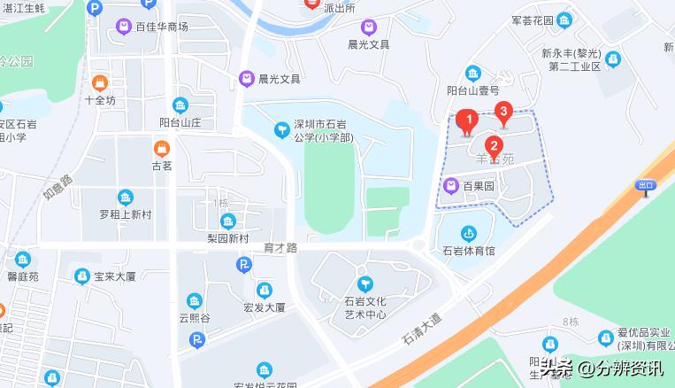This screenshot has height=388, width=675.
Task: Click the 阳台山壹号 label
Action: pyautogui.click(x=473, y=89)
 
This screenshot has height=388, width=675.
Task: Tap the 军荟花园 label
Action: pyautogui.click(x=532, y=20)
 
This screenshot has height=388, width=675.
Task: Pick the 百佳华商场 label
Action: pyautogui.click(x=162, y=27)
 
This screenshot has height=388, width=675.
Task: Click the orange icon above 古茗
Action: pyautogui.click(x=161, y=148)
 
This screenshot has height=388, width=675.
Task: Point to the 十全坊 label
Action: pyautogui.click(x=100, y=100)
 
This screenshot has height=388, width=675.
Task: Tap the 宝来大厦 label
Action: pyautogui.click(x=113, y=276)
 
